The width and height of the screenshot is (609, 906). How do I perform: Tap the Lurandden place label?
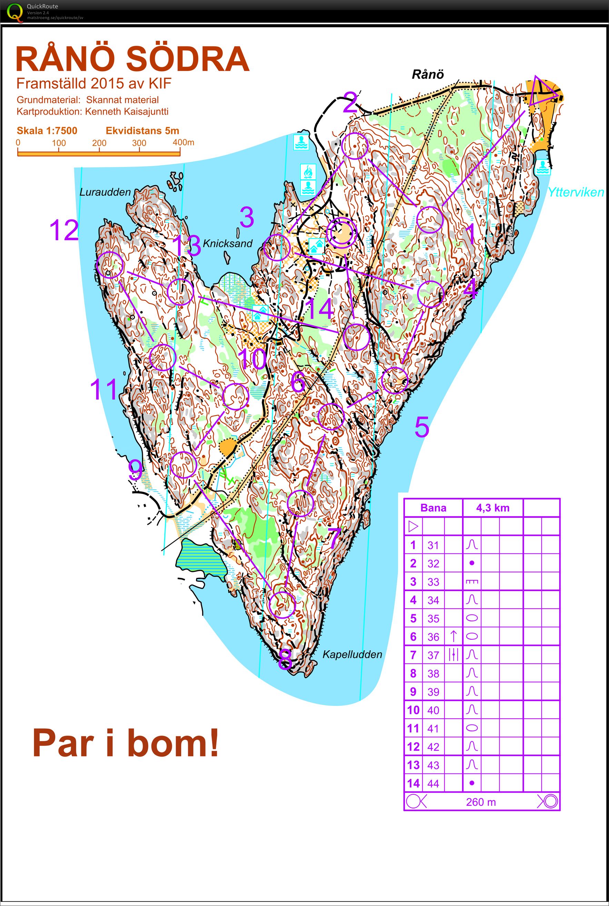[x=105, y=192]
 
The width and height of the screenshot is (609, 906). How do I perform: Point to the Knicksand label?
[x=228, y=244]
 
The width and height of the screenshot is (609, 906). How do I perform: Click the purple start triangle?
[x=542, y=92]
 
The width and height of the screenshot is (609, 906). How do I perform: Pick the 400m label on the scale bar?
[x=183, y=142]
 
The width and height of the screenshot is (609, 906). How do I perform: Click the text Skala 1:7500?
[x=47, y=130]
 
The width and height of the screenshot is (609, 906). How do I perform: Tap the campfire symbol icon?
[x=308, y=170]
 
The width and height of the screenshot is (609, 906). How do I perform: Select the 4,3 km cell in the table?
[x=492, y=508]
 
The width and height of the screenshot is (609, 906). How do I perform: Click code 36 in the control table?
[x=433, y=637]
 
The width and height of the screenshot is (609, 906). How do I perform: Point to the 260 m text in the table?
[x=481, y=802]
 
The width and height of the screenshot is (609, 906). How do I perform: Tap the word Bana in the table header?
[x=433, y=508]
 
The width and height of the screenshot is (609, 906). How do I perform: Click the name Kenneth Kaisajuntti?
[x=127, y=112]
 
